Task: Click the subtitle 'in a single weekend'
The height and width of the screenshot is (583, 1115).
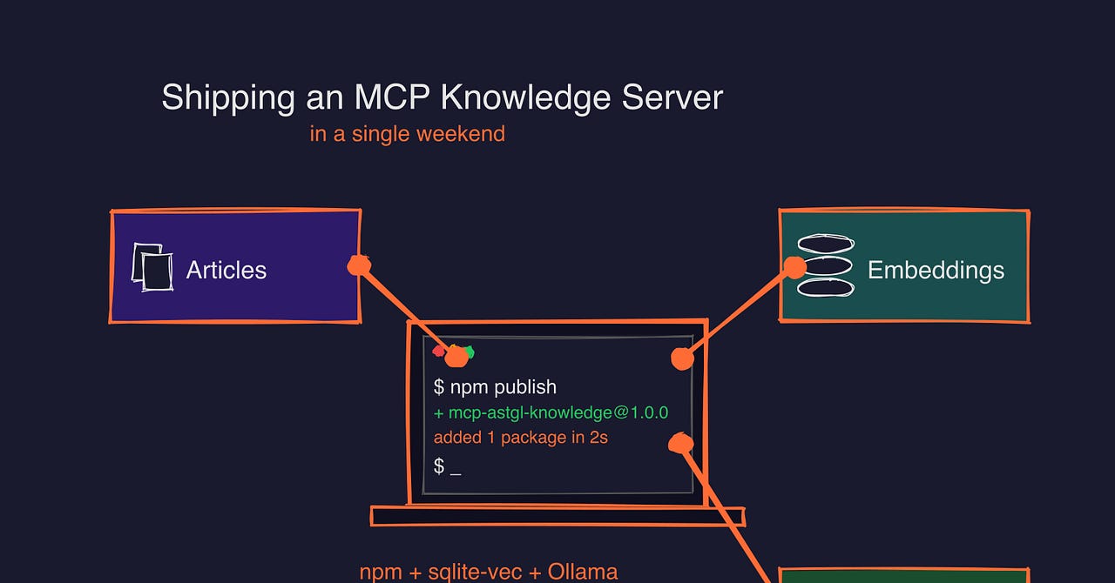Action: pyautogui.click(x=407, y=134)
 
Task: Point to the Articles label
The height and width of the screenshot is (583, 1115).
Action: pyautogui.click(x=226, y=270)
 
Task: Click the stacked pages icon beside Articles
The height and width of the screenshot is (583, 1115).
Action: pyautogui.click(x=151, y=266)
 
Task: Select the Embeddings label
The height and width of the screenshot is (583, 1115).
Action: pyautogui.click(x=936, y=270)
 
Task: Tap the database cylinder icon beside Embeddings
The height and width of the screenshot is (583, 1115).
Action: pyautogui.click(x=826, y=266)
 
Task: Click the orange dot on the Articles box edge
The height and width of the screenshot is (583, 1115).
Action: pyautogui.click(x=358, y=265)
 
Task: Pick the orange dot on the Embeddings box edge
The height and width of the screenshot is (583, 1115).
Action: pyautogui.click(x=795, y=267)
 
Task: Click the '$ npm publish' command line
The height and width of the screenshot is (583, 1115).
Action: pyautogui.click(x=495, y=386)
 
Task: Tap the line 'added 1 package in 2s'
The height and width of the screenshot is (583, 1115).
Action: pyautogui.click(x=520, y=438)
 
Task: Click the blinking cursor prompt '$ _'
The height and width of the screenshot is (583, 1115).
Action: pyautogui.click(x=447, y=467)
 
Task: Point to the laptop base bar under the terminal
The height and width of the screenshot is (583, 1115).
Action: pyautogui.click(x=557, y=516)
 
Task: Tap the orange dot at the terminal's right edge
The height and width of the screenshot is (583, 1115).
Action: pyautogui.click(x=682, y=358)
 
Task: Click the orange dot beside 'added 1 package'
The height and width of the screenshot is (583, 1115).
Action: pyautogui.click(x=679, y=444)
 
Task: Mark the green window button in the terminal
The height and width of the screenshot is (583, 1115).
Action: pyautogui.click(x=470, y=352)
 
